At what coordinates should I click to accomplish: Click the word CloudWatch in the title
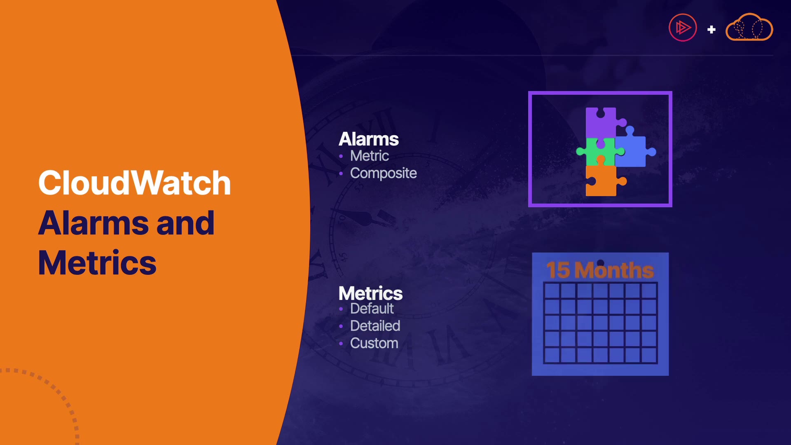coord(134,183)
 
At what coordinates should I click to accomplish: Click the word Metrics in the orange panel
coord(97,262)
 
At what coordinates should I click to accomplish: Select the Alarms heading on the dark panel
coord(369,139)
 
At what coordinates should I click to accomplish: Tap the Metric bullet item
coord(370,156)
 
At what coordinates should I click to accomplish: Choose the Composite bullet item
coord(384,173)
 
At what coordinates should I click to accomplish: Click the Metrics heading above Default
coord(370,293)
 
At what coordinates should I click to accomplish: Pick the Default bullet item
coord(372,309)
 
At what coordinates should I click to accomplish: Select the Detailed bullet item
coord(375,326)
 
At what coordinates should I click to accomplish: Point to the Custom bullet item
coord(374,343)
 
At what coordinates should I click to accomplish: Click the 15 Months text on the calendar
coord(600,270)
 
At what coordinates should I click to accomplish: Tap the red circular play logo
coord(683,28)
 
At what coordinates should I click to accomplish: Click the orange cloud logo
coord(749,27)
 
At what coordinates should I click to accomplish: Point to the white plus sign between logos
coord(711,30)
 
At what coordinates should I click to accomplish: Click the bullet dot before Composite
coord(341,174)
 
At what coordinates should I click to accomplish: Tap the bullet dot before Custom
coord(341,344)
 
